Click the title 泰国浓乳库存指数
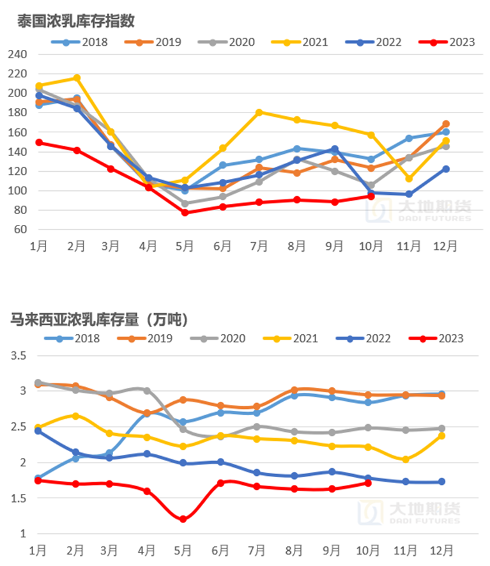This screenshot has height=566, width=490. pyautogui.click(x=76, y=21)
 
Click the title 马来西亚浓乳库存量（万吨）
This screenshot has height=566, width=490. pyautogui.click(x=103, y=317)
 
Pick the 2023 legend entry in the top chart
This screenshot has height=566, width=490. pyautogui.click(x=451, y=43)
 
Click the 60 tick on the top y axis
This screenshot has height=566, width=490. pyautogui.click(x=20, y=229)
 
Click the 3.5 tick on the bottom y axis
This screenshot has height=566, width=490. pyautogui.click(x=19, y=356)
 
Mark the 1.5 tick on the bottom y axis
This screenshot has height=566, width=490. pyautogui.click(x=19, y=498)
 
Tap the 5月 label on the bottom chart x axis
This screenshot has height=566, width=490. pyautogui.click(x=183, y=549)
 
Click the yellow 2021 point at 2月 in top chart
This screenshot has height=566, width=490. pyautogui.click(x=77, y=78)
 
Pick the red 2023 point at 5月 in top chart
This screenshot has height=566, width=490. pyautogui.click(x=185, y=213)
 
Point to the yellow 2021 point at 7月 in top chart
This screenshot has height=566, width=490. pyautogui.click(x=259, y=112)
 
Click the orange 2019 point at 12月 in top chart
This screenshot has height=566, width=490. pyautogui.click(x=446, y=124)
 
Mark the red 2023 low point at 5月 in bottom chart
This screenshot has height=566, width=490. pyautogui.click(x=183, y=519)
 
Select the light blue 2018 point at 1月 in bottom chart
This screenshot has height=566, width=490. pyautogui.click(x=38, y=478)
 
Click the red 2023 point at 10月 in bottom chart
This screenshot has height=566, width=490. pyautogui.click(x=368, y=483)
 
